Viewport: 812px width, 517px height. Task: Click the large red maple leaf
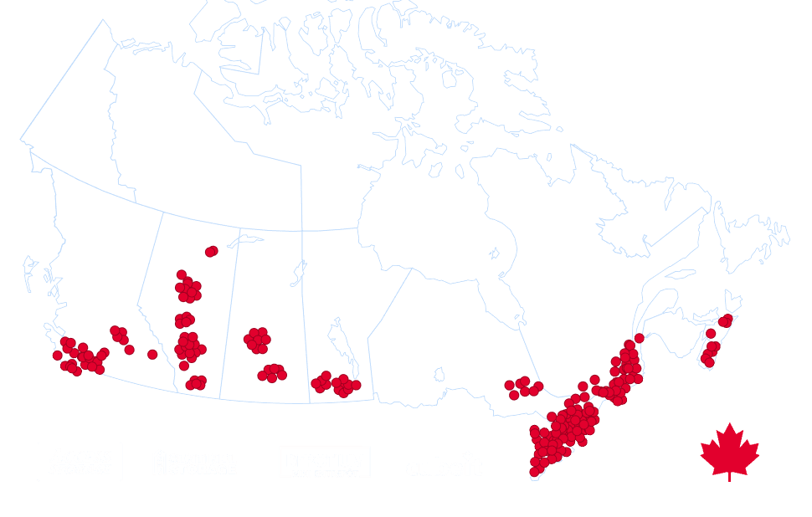[730, 452]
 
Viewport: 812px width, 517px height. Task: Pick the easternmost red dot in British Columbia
[152, 355]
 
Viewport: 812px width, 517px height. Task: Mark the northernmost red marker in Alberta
[211, 250]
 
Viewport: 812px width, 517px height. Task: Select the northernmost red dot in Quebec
[640, 338]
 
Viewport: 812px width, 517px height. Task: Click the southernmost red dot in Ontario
[534, 472]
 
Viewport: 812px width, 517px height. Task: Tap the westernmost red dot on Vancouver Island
[57, 356]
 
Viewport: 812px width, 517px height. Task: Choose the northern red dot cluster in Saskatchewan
[257, 339]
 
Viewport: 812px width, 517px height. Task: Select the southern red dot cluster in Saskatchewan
[272, 372]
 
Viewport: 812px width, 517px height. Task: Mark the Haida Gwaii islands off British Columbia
[30, 272]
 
